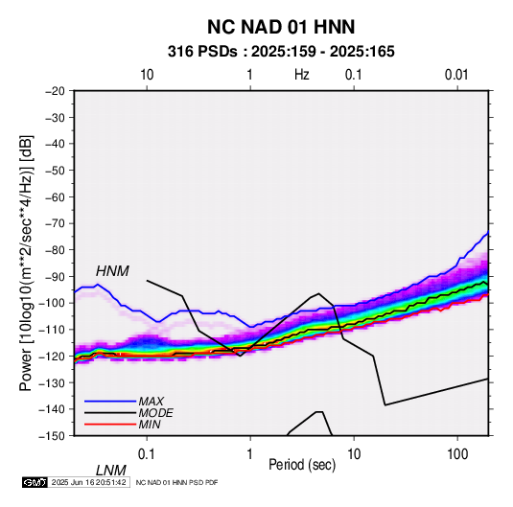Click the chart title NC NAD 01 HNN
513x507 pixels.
click(x=281, y=27)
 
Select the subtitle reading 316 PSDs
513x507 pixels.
click(x=202, y=52)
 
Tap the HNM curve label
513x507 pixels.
click(x=112, y=271)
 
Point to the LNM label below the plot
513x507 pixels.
click(x=111, y=471)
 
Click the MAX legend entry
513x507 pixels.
click(x=152, y=401)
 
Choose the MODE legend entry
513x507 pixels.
click(x=155, y=413)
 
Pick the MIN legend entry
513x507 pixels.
click(x=150, y=425)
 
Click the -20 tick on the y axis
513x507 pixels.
click(x=55, y=91)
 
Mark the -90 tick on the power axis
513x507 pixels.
click(x=55, y=277)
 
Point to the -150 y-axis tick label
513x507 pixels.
click(x=52, y=436)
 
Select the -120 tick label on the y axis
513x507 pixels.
click(x=52, y=356)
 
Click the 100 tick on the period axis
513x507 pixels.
click(x=457, y=454)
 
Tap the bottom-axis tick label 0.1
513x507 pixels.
click(x=147, y=454)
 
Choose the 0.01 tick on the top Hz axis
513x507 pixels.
click(x=456, y=75)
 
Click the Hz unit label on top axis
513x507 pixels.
click(x=302, y=75)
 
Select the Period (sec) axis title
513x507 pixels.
click(x=302, y=465)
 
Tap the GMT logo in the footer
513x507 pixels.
click(x=35, y=482)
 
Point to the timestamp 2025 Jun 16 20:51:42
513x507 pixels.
click(x=88, y=482)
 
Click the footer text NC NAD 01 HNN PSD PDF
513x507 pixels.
click(x=176, y=482)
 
